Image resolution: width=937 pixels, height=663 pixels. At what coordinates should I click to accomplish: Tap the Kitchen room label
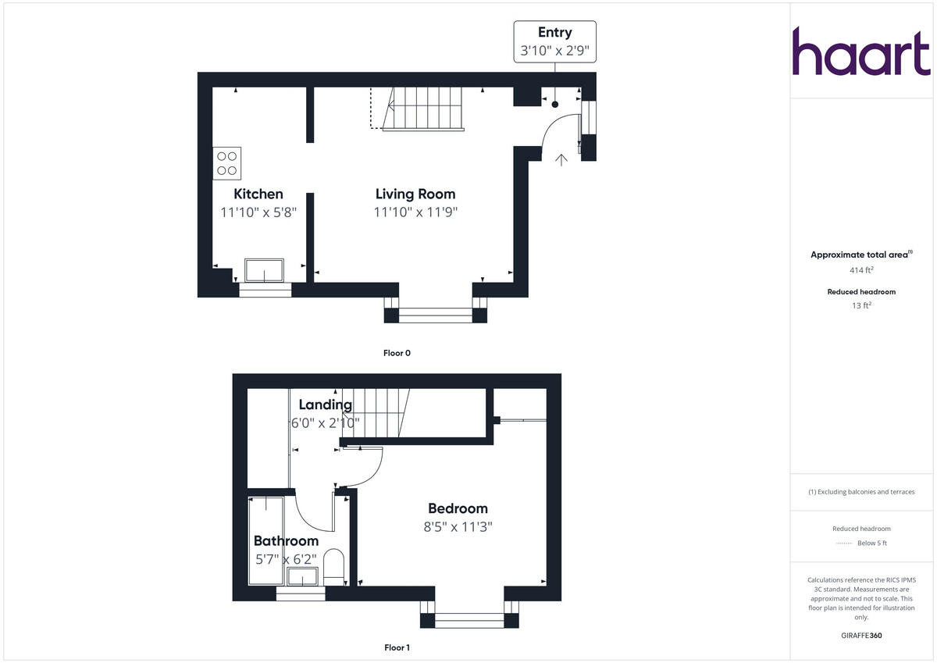258,194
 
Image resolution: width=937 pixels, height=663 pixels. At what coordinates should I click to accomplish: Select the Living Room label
415,194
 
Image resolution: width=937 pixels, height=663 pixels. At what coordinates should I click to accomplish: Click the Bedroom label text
458,508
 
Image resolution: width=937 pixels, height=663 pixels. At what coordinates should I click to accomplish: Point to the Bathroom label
286,540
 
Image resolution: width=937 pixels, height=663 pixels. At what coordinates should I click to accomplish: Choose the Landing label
326,405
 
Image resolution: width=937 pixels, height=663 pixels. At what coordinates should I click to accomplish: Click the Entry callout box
554,42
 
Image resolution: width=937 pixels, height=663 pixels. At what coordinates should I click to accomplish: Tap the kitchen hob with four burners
227,163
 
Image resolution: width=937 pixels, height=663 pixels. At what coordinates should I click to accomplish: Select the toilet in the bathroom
333,565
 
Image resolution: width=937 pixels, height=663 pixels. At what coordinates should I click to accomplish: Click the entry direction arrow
561,160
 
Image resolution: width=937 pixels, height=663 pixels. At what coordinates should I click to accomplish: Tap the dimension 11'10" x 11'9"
415,212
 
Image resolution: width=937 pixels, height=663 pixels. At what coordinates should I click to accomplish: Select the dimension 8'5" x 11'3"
458,526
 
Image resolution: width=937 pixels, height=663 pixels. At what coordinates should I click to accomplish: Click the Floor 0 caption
397,353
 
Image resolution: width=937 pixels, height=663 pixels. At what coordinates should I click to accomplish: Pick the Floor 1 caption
397,647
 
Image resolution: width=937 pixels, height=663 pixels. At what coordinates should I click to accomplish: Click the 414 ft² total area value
861,270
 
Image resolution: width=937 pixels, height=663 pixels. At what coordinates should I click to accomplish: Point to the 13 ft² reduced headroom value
861,305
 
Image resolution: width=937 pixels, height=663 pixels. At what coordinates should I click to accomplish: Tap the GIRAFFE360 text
861,636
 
